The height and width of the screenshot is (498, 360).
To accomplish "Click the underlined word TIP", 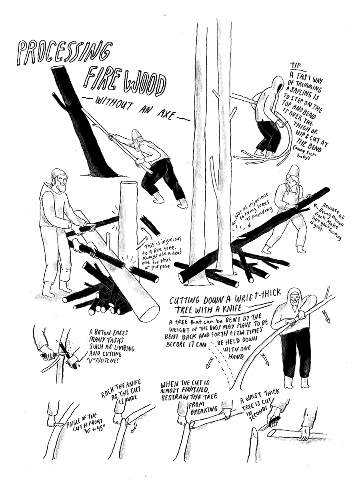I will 296,64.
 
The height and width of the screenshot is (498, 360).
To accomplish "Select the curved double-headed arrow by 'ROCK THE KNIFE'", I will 133,425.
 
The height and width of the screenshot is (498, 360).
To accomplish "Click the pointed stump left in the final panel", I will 255,442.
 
